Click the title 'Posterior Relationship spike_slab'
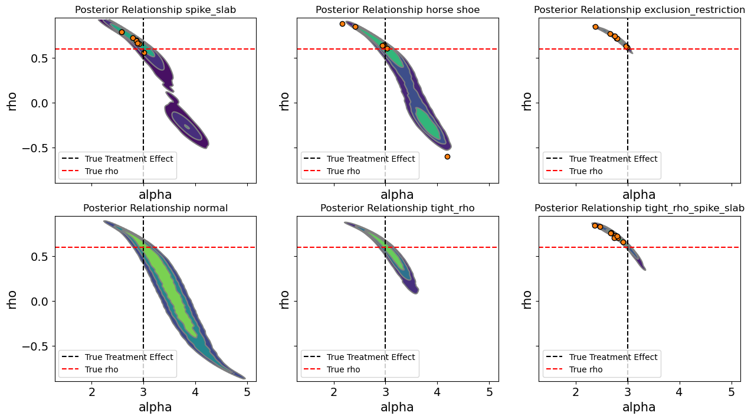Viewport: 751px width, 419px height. tap(155, 9)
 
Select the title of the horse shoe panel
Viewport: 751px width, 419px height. tap(398, 9)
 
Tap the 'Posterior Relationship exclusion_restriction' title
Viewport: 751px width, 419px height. tap(640, 9)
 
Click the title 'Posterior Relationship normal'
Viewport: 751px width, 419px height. tap(155, 208)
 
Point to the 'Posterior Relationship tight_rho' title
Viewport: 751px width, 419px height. tap(398, 208)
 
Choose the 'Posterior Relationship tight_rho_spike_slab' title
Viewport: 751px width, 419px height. tap(640, 208)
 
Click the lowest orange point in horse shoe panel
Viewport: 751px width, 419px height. tap(447, 156)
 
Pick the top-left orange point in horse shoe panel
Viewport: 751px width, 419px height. tap(342, 24)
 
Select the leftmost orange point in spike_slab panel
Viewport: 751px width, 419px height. tap(122, 32)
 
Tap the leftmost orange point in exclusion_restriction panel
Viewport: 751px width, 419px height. tap(595, 27)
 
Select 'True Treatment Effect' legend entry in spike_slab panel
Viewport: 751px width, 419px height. tap(129, 159)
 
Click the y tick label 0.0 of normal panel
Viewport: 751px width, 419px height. tap(40, 301)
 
